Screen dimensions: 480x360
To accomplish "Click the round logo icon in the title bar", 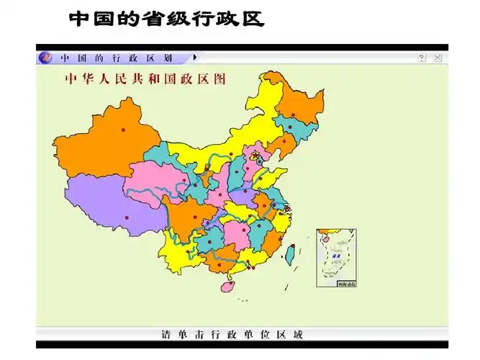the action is (45, 57).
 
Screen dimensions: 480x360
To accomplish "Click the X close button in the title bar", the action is (438, 58).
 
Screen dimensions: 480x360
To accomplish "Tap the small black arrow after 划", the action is (194, 57).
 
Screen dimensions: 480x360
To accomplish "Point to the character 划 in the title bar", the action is (168, 58).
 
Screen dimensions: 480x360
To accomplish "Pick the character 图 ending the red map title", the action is (219, 79).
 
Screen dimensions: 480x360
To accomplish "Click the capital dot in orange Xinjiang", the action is (123, 130).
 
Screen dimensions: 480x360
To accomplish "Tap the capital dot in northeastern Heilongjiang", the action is (293, 115).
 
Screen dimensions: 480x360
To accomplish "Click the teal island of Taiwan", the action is (291, 253).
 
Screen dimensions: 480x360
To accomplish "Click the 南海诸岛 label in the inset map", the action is (346, 284).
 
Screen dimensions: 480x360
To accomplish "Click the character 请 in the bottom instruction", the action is (166, 335).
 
